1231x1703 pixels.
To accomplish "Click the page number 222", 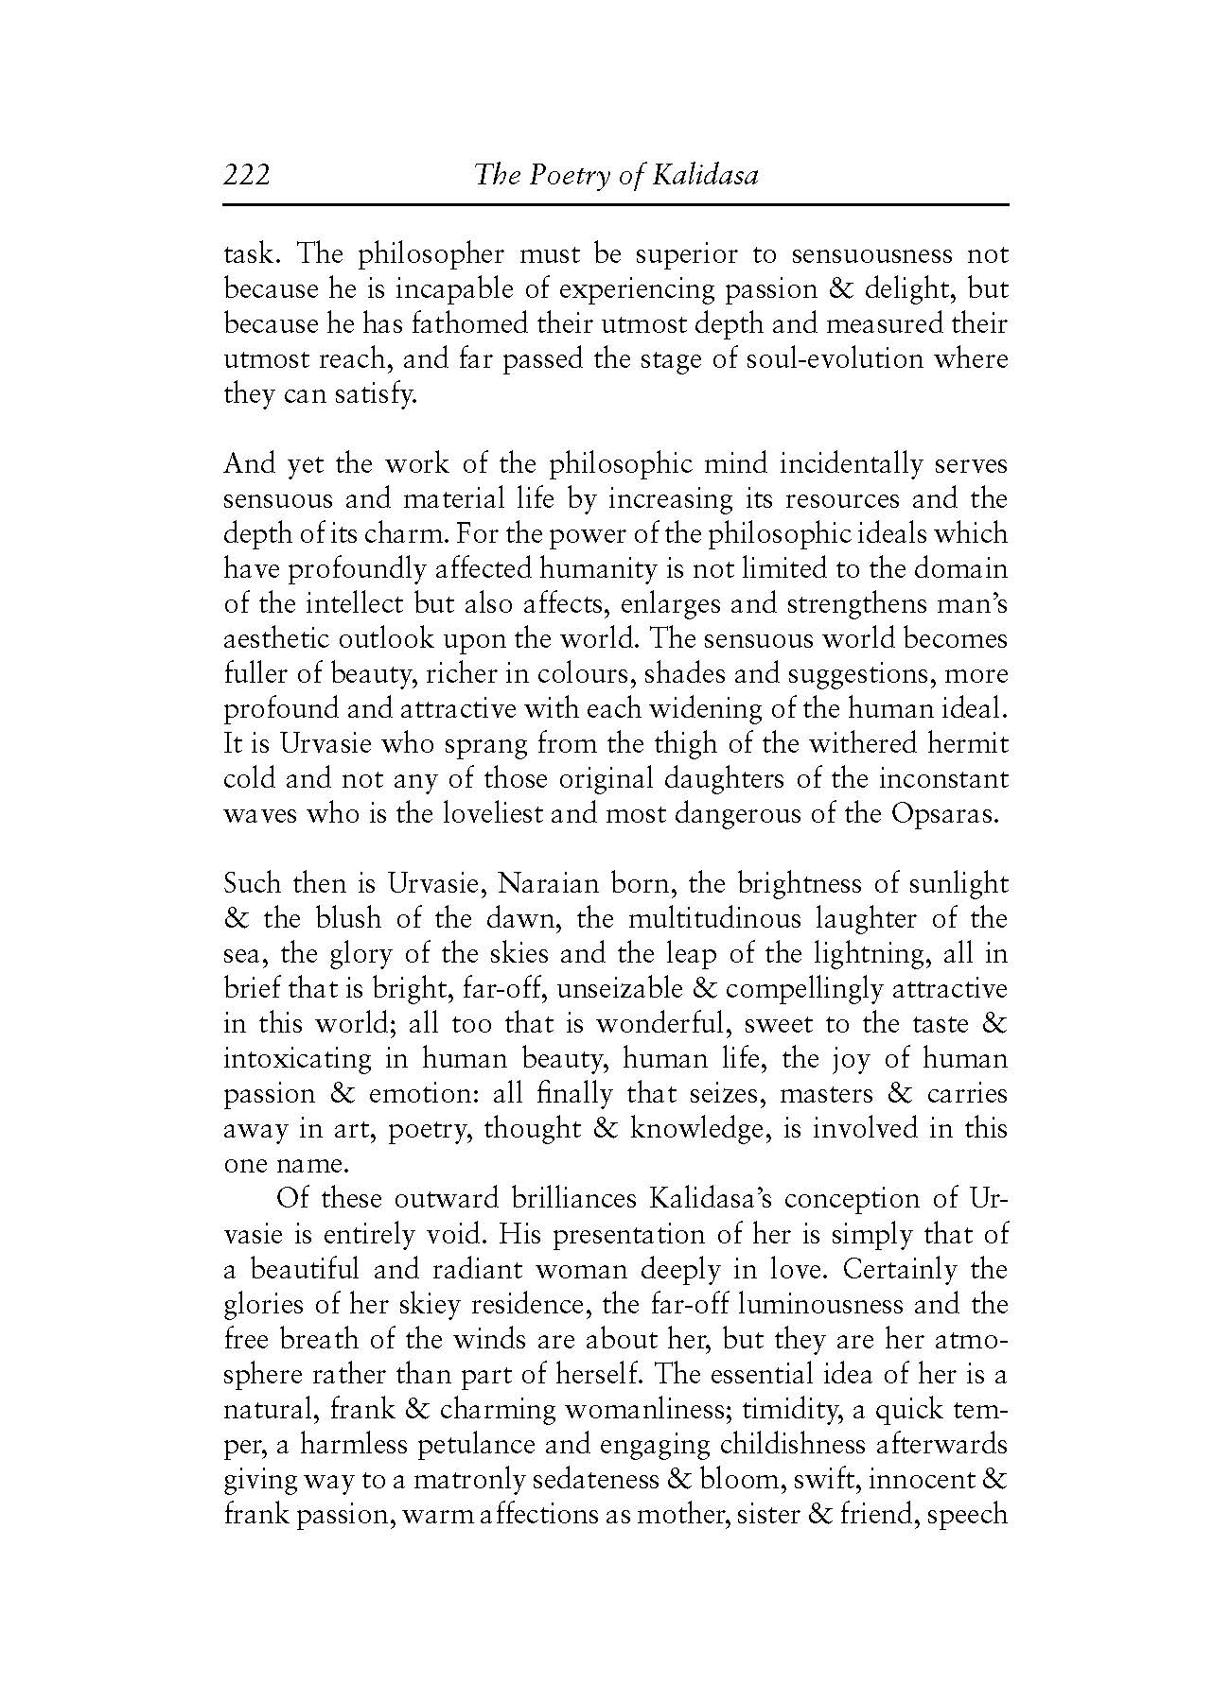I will tap(247, 176).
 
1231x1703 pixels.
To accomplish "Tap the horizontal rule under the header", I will tap(615, 205).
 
